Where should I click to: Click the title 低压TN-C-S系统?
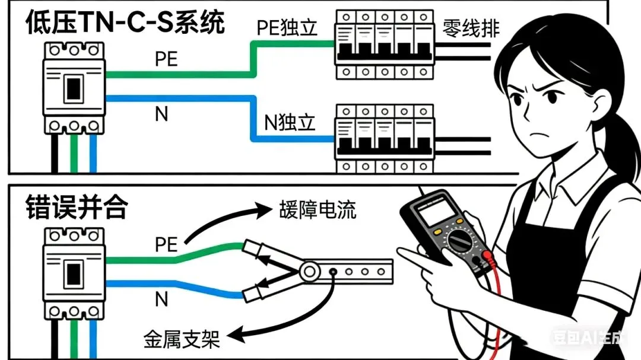tap(125, 24)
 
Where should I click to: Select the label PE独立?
tap(285, 28)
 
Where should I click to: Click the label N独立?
tap(290, 123)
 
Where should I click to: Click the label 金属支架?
tap(182, 339)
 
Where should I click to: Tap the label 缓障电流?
tap(318, 210)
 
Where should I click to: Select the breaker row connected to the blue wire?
tap(383, 138)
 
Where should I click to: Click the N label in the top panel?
tap(161, 114)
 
